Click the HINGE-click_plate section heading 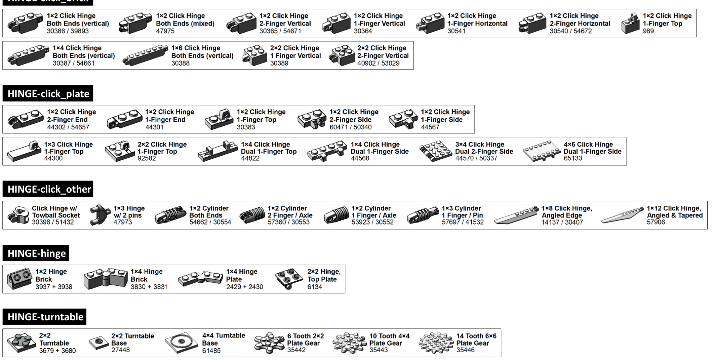(x=48, y=93)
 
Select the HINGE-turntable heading (x=45, y=317)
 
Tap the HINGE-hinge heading (x=36, y=253)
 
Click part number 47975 (x=165, y=31)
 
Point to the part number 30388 (x=181, y=63)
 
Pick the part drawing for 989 (x=630, y=24)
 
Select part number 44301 (x=154, y=127)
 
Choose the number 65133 (x=573, y=158)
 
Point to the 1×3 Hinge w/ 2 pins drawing (x=100, y=215)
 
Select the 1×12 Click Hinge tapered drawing (x=622, y=215)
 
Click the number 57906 (x=656, y=222)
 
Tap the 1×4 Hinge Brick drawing (x=106, y=279)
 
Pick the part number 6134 (x=315, y=287)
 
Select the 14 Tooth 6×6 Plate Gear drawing (x=436, y=343)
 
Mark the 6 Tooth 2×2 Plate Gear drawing (x=269, y=343)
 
